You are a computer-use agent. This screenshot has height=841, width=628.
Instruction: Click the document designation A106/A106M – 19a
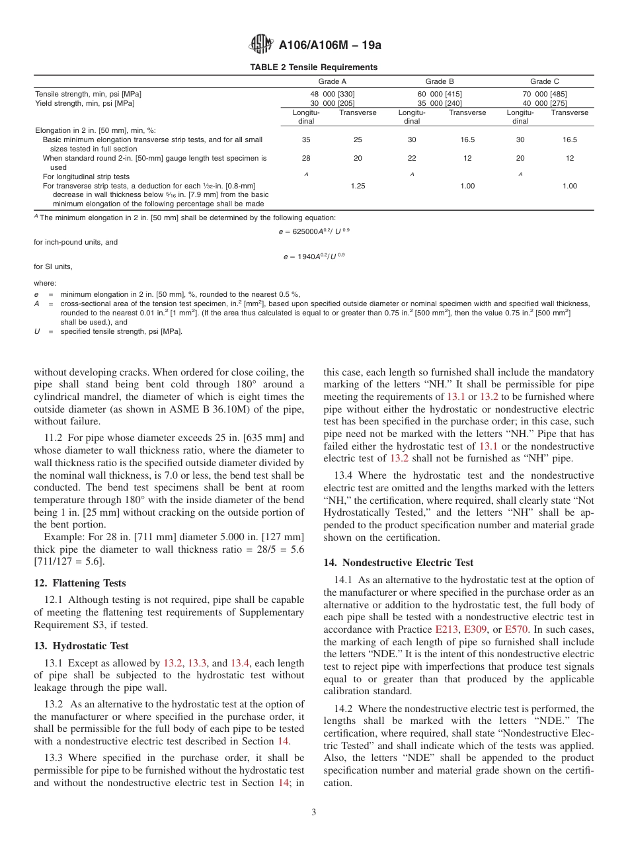click(330, 46)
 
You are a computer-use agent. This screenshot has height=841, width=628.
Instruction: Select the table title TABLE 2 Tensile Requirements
click(313, 67)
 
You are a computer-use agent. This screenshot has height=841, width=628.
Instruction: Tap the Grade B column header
click(439, 81)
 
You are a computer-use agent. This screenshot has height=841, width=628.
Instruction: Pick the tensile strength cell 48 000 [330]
click(328, 94)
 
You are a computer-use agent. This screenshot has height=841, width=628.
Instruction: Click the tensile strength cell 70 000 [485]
click(544, 94)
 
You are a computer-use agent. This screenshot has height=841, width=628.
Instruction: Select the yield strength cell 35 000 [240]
click(440, 103)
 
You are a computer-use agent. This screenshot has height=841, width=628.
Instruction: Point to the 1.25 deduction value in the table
click(357, 186)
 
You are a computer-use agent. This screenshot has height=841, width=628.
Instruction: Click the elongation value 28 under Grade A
click(305, 159)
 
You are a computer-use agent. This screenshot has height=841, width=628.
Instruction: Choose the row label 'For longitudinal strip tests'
click(86, 177)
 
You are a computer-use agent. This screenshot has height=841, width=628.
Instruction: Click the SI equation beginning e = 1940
click(314, 255)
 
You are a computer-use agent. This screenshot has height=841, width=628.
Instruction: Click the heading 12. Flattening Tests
click(80, 583)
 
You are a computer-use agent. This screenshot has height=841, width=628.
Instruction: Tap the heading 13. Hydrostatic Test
click(81, 646)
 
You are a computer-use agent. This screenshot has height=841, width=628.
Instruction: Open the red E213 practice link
click(446, 629)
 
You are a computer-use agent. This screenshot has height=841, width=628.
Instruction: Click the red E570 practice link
click(516, 629)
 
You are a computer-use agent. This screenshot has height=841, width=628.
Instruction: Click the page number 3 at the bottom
click(314, 812)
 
